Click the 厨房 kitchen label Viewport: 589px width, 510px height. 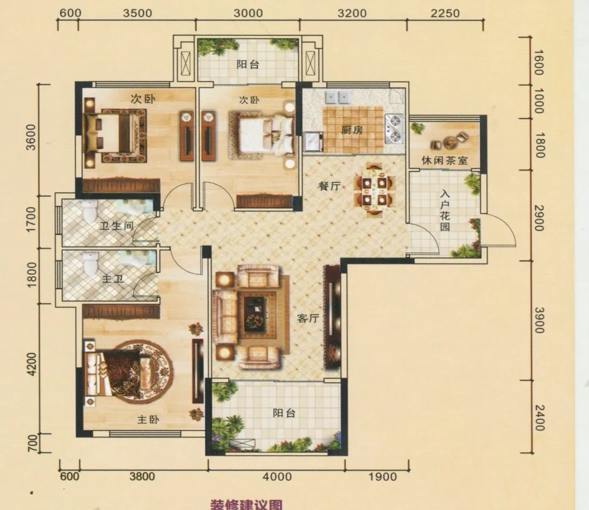tap(352, 130)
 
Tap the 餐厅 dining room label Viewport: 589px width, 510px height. tap(330, 186)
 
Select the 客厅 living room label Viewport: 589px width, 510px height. tap(308, 319)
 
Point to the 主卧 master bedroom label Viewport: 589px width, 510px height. tap(148, 420)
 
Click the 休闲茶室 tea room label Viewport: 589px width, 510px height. tap(445, 161)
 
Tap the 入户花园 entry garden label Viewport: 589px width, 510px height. tap(445, 210)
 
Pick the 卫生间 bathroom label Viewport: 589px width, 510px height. tap(117, 226)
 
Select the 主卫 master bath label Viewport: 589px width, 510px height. tap(113, 279)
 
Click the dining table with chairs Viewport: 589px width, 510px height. tap(374, 188)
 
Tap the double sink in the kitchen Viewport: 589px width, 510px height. tap(338, 97)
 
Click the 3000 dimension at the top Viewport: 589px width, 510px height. tap(248, 13)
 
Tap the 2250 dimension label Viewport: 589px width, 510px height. tap(445, 13)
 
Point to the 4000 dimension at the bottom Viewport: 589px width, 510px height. tap(277, 476)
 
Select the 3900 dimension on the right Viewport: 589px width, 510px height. tap(539, 320)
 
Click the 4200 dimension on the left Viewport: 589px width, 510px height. tap(32, 364)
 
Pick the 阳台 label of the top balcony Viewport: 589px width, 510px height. tap(248, 64)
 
